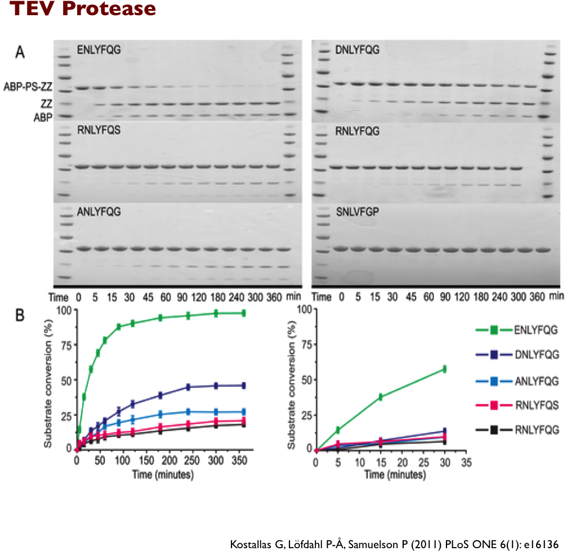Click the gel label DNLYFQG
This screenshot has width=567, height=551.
click(x=357, y=51)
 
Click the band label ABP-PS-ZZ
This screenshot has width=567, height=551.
click(x=28, y=87)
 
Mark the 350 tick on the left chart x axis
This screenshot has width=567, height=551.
click(x=238, y=460)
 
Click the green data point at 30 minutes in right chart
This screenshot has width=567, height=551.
click(x=444, y=369)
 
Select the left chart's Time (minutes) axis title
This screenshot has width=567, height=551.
click(x=163, y=474)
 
